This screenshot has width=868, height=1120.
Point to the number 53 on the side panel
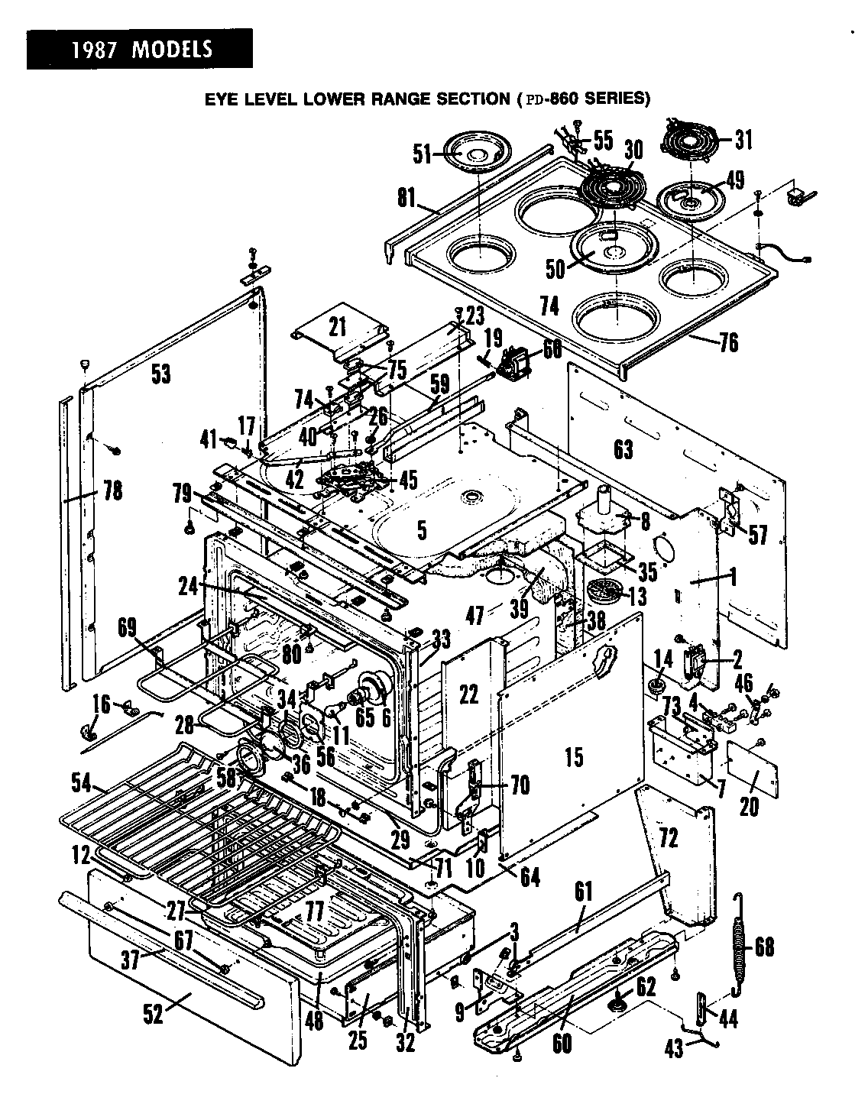coord(160,374)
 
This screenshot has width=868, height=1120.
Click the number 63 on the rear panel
coord(623,449)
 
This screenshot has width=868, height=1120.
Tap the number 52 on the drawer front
coord(154,1017)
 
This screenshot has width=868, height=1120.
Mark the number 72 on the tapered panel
coord(668,838)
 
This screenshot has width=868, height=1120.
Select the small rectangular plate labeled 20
coord(753,777)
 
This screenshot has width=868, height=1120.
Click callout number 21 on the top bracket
coord(337,327)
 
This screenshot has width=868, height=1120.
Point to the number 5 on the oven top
coord(422,529)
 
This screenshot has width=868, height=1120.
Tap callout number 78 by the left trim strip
coord(112,490)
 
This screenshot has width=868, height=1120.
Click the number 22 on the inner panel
coord(468,694)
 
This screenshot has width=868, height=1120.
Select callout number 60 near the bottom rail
coord(562,1043)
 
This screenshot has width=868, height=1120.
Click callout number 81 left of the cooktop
coord(406,199)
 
